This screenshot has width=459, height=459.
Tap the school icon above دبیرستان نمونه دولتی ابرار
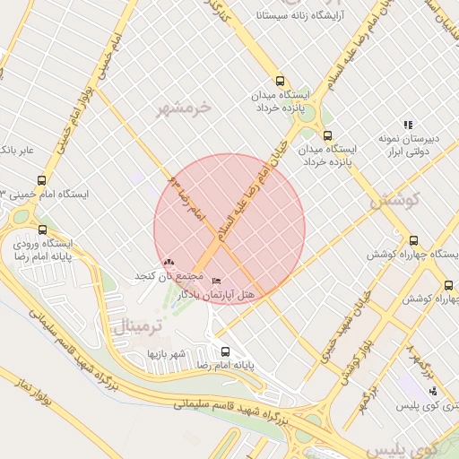point(408,126)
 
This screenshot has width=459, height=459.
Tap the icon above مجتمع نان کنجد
point(169,262)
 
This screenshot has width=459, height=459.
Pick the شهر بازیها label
point(167,353)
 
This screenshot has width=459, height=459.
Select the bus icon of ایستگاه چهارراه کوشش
point(413,240)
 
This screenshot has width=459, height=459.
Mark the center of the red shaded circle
point(229,229)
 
